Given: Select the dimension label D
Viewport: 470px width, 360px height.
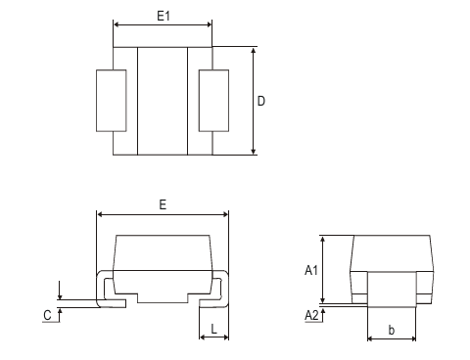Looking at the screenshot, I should click(262, 101).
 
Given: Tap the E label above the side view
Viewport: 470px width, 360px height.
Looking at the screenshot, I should click(163, 203).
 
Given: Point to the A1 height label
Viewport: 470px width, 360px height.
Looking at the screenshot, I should click(310, 270).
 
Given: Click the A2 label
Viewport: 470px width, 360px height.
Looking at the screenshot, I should click(310, 314).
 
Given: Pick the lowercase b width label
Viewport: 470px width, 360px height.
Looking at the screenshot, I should click(392, 330).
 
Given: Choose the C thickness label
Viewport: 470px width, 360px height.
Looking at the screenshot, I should click(47, 314).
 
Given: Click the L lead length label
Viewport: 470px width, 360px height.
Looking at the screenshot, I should click(214, 330).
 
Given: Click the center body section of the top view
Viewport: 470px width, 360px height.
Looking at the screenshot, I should click(163, 101).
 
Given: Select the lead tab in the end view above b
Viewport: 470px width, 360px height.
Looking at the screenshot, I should click(392, 290).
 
